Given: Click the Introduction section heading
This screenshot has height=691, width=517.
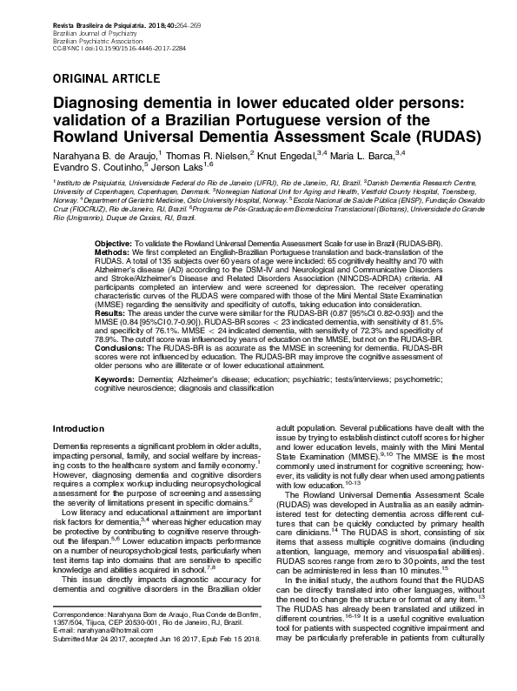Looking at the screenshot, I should coord(79,429).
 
